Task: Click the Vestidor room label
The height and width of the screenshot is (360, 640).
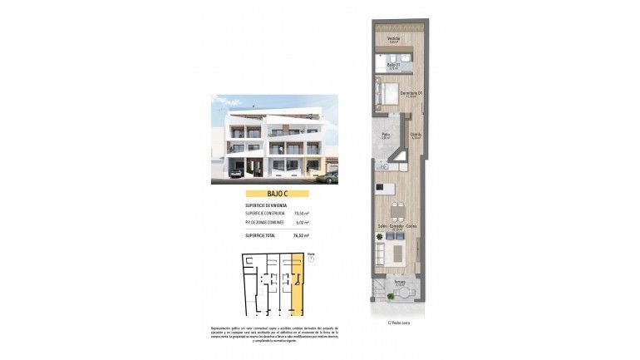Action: pyautogui.click(x=394, y=38)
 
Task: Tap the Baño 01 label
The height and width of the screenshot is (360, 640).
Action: pyautogui.click(x=394, y=66)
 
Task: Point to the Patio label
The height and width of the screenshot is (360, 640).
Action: pyautogui.click(x=386, y=135)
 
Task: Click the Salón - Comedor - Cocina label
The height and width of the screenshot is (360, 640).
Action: pyautogui.click(x=397, y=227)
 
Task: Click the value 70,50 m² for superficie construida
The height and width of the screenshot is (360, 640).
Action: pyautogui.click(x=300, y=214)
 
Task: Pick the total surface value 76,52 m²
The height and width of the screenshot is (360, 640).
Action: pyautogui.click(x=300, y=236)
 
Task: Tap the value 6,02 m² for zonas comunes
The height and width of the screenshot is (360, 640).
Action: pyautogui.click(x=302, y=223)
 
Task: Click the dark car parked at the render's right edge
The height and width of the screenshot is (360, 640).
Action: pyautogui.click(x=331, y=177)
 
